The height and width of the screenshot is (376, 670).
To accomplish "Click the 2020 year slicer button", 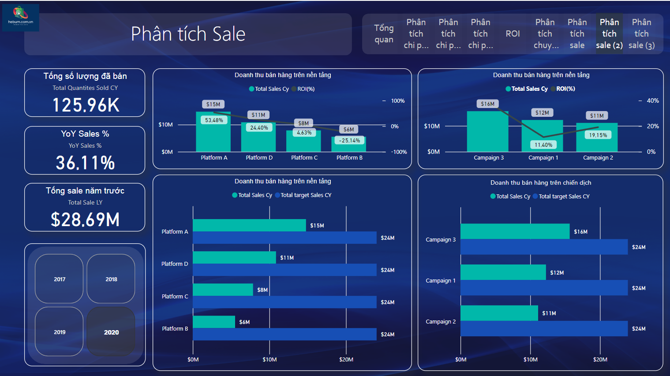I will tap(111, 332).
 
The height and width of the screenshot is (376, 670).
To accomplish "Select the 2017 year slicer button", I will tap(60, 279).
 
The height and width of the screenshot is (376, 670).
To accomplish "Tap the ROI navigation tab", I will tap(513, 34).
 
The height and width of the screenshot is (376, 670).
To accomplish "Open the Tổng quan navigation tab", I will tap(384, 34).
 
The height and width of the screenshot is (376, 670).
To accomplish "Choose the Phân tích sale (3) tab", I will tap(641, 34).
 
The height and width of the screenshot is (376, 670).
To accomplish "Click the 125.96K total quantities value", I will tap(86, 105).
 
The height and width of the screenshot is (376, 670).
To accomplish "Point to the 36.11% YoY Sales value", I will tap(85, 163).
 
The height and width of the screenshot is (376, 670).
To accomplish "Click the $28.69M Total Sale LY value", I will tap(85, 220).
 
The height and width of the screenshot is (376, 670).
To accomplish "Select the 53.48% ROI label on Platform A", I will tap(214, 120).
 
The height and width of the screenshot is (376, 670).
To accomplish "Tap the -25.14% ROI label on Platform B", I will tap(349, 141).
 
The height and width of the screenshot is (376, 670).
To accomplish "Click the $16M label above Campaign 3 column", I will tap(487, 104).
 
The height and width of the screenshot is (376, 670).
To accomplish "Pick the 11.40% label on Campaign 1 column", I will tap(543, 145).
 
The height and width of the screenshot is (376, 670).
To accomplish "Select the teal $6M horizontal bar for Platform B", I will tap(214, 322).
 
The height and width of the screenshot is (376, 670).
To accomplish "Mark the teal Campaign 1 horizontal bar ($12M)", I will tap(503, 272).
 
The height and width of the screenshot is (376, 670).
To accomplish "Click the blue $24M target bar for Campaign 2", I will tap(544, 329).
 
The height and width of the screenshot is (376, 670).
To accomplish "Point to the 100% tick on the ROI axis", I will tap(397, 101).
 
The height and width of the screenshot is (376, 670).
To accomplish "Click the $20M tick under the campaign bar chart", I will tap(600, 359).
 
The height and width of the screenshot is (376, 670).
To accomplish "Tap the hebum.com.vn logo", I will tap(20, 18).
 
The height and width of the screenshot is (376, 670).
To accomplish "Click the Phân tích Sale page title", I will tap(188, 34).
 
